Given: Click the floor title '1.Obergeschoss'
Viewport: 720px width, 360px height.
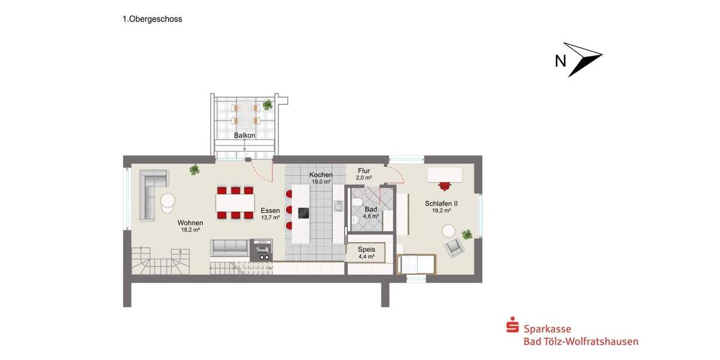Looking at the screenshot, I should (x=152, y=19).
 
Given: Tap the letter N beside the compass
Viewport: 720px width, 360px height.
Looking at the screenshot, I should (x=560, y=61).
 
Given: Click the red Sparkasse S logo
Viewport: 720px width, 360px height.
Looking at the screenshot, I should (x=512, y=327).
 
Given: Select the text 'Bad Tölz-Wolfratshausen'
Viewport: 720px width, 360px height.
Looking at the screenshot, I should (x=581, y=341).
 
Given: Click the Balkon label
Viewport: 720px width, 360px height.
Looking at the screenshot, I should (x=245, y=136).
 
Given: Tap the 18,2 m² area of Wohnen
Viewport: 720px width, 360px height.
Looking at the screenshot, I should (x=190, y=230).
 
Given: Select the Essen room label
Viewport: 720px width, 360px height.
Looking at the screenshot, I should (x=270, y=210).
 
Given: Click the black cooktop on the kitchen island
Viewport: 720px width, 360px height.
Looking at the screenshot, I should (x=304, y=213).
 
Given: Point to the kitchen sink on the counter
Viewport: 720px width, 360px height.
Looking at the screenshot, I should (x=338, y=206).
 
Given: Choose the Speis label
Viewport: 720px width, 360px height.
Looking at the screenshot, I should (x=366, y=249).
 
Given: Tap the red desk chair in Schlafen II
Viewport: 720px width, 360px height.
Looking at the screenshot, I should (x=445, y=185).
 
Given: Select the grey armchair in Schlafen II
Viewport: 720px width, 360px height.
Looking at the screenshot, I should (x=453, y=247).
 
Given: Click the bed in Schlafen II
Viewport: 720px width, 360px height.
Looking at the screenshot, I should (x=416, y=263).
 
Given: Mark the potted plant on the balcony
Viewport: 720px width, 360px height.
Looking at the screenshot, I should (x=267, y=105).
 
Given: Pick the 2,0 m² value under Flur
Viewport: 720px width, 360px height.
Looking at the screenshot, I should (x=364, y=178).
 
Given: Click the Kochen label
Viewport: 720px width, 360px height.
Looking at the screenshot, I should (x=321, y=175).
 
